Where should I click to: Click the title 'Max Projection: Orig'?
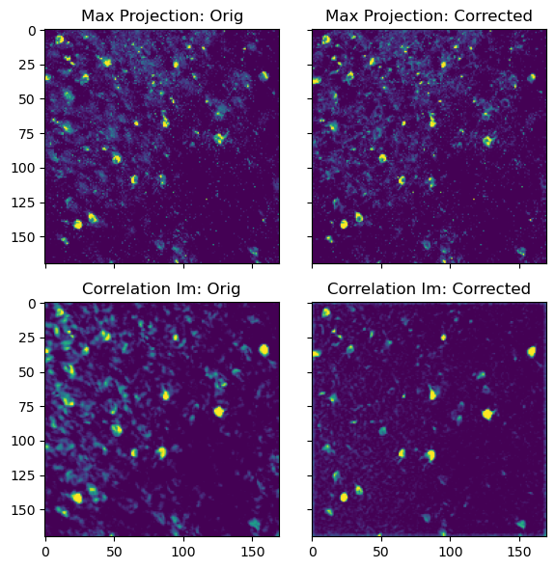point(162,16)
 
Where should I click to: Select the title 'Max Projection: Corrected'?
point(429,16)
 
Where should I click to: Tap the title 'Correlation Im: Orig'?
point(161,289)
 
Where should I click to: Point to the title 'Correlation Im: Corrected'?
point(429,289)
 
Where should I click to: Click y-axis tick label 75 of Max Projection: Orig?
point(28,134)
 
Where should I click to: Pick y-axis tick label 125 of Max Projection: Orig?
point(23,203)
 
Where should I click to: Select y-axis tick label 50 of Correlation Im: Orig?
point(28,372)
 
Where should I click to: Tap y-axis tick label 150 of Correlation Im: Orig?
point(23,510)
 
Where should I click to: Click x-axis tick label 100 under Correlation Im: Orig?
point(183,553)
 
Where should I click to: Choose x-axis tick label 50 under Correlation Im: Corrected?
point(381,553)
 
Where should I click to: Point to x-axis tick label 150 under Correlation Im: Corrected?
point(519,553)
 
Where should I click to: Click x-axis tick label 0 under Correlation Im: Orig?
point(45,553)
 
